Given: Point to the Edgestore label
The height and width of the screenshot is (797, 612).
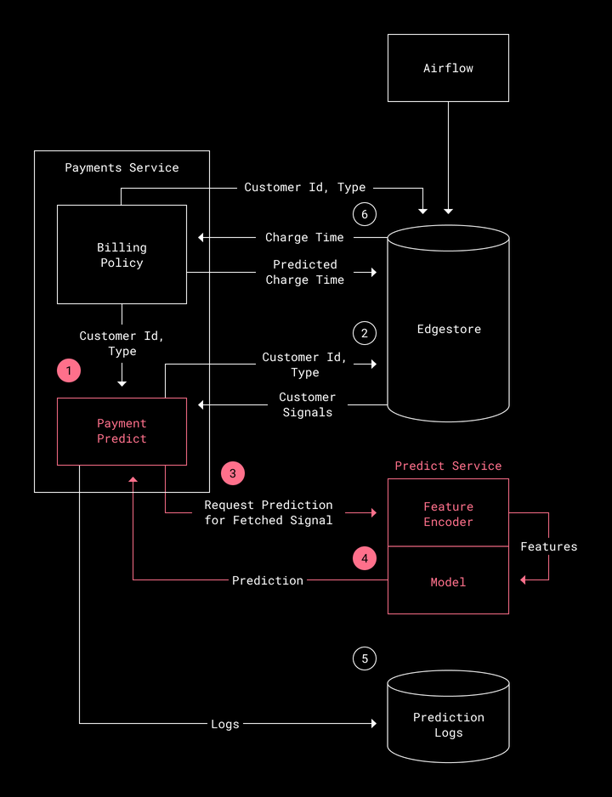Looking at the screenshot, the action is [449, 329].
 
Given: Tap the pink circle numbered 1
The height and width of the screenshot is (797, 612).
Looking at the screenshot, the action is [69, 371].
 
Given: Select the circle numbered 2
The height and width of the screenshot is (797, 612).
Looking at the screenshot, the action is [365, 333].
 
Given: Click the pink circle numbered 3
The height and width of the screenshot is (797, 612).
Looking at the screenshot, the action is [233, 473].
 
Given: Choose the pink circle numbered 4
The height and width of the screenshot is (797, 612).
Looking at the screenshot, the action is [365, 558].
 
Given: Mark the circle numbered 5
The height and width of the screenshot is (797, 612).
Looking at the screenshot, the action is [365, 659].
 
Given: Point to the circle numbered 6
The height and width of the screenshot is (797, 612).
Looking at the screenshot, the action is [365, 214].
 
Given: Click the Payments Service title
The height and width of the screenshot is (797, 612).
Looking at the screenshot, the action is [122, 167].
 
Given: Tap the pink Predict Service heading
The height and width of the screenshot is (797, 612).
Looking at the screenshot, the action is [448, 466].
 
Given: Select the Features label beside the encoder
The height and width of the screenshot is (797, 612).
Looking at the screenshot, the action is [549, 546].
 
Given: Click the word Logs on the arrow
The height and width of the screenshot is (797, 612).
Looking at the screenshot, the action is [225, 724].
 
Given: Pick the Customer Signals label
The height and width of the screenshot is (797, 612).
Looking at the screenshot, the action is [308, 404].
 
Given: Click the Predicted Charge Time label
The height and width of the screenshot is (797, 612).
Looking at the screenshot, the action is [305, 272].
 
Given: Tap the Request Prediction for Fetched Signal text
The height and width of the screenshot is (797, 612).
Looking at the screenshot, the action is [269, 512].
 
